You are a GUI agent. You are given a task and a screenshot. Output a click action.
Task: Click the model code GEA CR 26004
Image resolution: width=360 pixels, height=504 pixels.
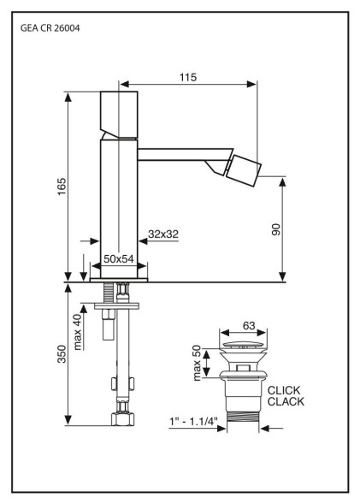coord(50,28)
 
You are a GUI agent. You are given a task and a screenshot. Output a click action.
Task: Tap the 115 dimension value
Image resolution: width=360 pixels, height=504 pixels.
coord(188,77)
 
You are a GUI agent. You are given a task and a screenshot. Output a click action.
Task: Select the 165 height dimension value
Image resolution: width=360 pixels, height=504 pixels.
coord(62,187)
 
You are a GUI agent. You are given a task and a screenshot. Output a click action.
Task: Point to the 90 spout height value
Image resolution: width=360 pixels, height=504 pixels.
coord(276,229)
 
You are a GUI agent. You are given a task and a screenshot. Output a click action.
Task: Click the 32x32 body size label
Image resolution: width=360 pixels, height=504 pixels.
coord(163,234)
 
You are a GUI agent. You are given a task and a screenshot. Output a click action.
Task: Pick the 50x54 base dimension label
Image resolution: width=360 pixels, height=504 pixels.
coord(119,259)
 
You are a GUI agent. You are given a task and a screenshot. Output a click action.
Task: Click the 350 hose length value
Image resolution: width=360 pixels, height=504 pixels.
coord(62,354)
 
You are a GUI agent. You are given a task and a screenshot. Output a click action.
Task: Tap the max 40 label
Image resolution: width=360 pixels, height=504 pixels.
coord(78,332)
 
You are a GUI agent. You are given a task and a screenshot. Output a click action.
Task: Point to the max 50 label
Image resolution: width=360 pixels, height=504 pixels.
coord(197,363)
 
